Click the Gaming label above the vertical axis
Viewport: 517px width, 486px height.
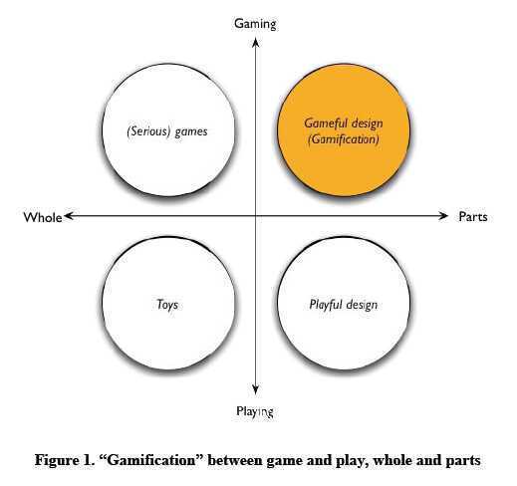click(x=255, y=24)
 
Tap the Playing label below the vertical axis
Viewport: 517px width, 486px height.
click(x=255, y=411)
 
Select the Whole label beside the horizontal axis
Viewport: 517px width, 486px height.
click(x=43, y=217)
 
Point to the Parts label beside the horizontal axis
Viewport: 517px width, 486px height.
click(x=473, y=217)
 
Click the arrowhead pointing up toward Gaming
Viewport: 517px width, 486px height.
click(x=255, y=42)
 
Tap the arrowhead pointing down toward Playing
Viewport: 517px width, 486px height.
click(x=255, y=390)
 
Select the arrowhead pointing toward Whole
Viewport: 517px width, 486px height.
click(x=69, y=216)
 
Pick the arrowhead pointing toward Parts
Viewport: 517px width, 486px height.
click(x=443, y=216)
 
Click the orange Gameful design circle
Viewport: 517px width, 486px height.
click(x=344, y=130)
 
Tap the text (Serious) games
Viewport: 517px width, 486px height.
click(x=167, y=131)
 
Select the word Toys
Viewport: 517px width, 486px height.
click(x=167, y=305)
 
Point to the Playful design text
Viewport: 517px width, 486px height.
click(x=344, y=305)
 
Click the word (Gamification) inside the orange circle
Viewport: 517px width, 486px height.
click(x=344, y=139)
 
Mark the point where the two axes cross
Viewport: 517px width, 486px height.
click(x=255, y=216)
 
